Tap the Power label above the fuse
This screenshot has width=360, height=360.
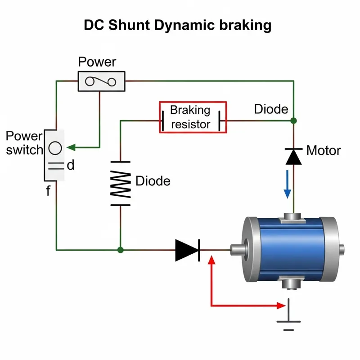pos(97,62)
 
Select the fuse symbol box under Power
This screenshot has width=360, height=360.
pos(102,81)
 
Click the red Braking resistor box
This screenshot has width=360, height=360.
pos(193,117)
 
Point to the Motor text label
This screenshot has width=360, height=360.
pos(324,150)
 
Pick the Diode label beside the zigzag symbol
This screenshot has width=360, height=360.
pos(153,181)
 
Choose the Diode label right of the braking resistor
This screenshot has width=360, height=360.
pos(271,109)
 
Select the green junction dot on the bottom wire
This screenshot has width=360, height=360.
pos(120,250)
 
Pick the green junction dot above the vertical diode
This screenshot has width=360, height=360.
pos(293,121)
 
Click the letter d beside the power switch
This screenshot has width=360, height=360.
pos(70,166)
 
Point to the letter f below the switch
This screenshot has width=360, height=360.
pos(48,191)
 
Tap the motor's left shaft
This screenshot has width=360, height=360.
pos(237,250)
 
